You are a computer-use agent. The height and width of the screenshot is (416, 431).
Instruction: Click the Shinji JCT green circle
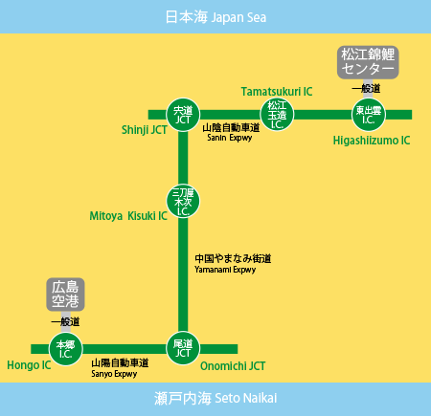183,115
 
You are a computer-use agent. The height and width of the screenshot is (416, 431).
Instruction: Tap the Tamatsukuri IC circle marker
277,115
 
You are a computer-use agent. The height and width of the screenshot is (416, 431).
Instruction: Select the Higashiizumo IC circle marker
369,115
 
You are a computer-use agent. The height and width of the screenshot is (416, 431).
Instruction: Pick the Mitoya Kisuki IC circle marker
183,202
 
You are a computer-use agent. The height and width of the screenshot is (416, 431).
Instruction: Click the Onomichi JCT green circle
183,348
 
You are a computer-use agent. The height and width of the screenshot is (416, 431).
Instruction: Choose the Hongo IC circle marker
66,349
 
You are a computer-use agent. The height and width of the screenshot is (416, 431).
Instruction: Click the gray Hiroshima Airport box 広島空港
65,295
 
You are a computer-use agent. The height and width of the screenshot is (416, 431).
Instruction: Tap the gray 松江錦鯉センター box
368,62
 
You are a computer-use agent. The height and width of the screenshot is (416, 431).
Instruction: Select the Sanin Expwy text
230,138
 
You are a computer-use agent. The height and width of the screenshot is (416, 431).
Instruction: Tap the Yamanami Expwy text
225,270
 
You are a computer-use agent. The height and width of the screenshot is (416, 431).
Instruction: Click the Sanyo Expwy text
114,374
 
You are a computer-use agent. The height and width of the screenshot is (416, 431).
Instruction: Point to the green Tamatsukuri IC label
277,92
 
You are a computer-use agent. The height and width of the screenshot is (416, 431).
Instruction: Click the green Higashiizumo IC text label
372,141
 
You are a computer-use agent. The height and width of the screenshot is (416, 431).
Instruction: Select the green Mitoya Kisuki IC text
128,216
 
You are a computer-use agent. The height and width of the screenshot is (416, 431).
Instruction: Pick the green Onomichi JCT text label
233,366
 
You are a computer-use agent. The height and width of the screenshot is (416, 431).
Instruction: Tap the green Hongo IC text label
29,365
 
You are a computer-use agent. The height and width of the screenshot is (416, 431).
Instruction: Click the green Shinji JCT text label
145,130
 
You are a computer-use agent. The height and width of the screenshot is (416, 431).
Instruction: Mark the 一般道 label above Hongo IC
65,321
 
